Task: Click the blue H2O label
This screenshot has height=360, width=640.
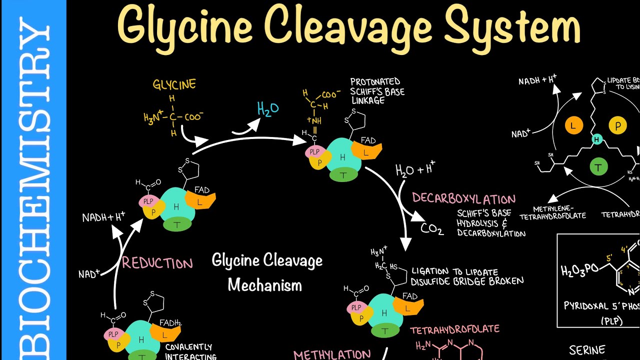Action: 267,109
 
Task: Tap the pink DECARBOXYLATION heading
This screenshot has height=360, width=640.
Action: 463,198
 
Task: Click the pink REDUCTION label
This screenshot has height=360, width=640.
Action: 157,263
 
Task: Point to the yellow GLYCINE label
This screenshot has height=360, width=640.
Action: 174,84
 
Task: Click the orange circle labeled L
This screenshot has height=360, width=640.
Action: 573,126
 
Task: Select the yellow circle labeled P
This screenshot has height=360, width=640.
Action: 617,126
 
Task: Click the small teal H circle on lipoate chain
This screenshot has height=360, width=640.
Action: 596,140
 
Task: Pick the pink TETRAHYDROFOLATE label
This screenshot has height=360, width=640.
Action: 454,329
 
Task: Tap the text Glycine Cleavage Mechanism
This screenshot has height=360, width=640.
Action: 266,272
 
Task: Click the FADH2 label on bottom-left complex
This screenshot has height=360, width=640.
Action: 170,323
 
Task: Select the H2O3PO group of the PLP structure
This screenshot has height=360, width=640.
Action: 580,270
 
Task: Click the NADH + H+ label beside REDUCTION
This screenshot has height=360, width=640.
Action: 104,217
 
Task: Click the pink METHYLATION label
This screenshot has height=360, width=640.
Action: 331,354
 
